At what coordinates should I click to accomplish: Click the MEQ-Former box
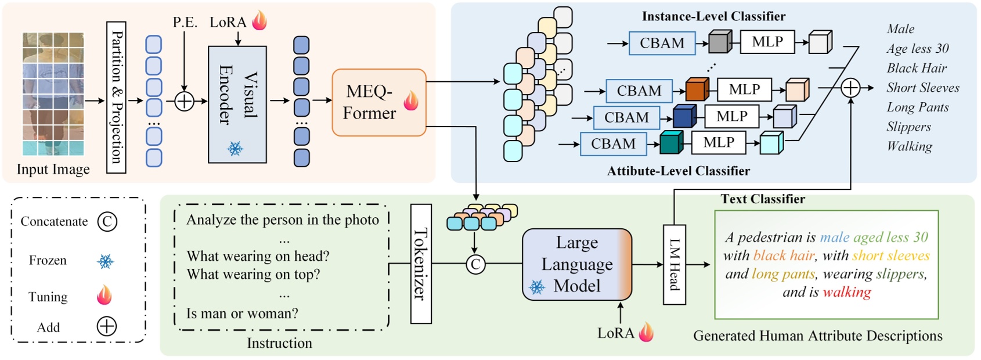click(x=378, y=103)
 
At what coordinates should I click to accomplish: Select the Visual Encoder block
click(x=237, y=105)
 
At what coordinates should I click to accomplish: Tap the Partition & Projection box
click(x=116, y=97)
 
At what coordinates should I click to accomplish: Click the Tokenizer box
click(x=421, y=264)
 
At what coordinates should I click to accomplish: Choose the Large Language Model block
click(x=577, y=265)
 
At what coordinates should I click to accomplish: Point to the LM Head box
click(x=674, y=265)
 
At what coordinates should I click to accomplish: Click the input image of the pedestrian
click(x=53, y=94)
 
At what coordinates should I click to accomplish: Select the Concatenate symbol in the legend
click(x=107, y=221)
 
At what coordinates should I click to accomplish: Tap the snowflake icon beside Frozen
click(x=105, y=261)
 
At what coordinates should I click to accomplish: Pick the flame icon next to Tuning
click(x=104, y=296)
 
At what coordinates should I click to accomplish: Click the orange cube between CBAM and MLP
click(x=697, y=90)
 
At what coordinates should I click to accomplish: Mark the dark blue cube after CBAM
click(x=684, y=116)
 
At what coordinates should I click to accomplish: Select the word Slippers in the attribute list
click(x=908, y=127)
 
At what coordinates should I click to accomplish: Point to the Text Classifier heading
click(x=762, y=199)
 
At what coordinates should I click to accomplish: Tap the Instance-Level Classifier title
click(x=713, y=16)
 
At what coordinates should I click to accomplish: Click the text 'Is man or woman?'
click(x=242, y=314)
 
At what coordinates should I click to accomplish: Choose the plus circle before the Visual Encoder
click(x=184, y=101)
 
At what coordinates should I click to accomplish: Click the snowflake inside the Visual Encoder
click(x=235, y=149)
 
